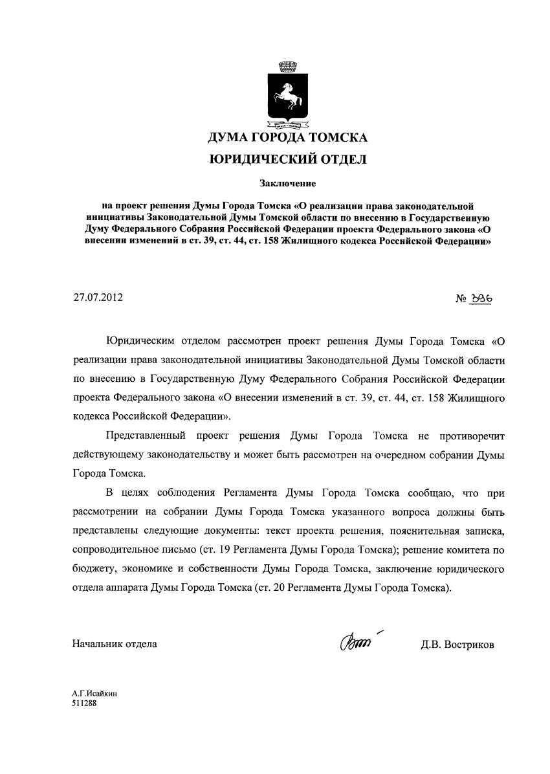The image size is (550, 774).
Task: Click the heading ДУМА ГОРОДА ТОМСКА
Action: tap(287, 138)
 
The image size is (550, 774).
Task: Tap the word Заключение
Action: tap(287, 185)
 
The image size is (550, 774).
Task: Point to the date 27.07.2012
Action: tap(98, 298)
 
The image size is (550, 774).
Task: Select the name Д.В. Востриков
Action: tap(457, 645)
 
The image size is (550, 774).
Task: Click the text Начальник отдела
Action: tap(115, 645)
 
